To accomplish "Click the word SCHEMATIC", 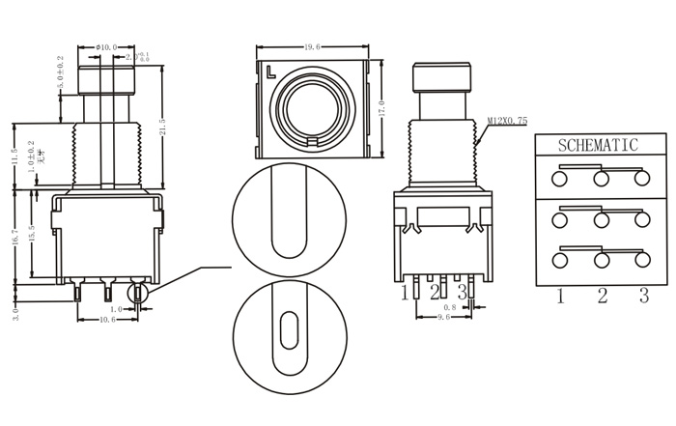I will (599, 146).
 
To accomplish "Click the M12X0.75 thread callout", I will (507, 121).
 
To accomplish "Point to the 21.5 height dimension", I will (163, 128).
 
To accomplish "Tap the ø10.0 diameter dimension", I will (106, 46).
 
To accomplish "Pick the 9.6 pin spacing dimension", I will (442, 316).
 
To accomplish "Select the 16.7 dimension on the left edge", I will (13, 237).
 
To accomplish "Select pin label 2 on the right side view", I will (436, 291).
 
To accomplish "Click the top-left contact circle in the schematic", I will (559, 179).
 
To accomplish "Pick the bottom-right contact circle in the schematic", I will (641, 261).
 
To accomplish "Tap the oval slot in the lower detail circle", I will (288, 328).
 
